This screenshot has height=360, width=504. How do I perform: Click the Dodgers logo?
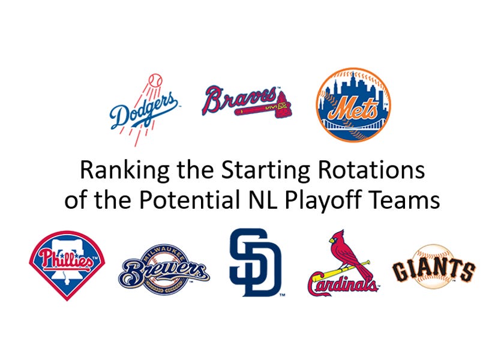click(144, 111)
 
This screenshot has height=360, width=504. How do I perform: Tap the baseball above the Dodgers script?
click(155, 79)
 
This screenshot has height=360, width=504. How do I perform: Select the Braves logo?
click(246, 102)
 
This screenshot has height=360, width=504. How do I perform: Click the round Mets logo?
click(353, 104)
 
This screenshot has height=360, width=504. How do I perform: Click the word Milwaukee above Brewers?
click(164, 253)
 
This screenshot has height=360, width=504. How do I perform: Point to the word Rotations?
click(366, 170)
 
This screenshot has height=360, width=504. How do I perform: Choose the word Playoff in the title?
click(318, 199)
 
